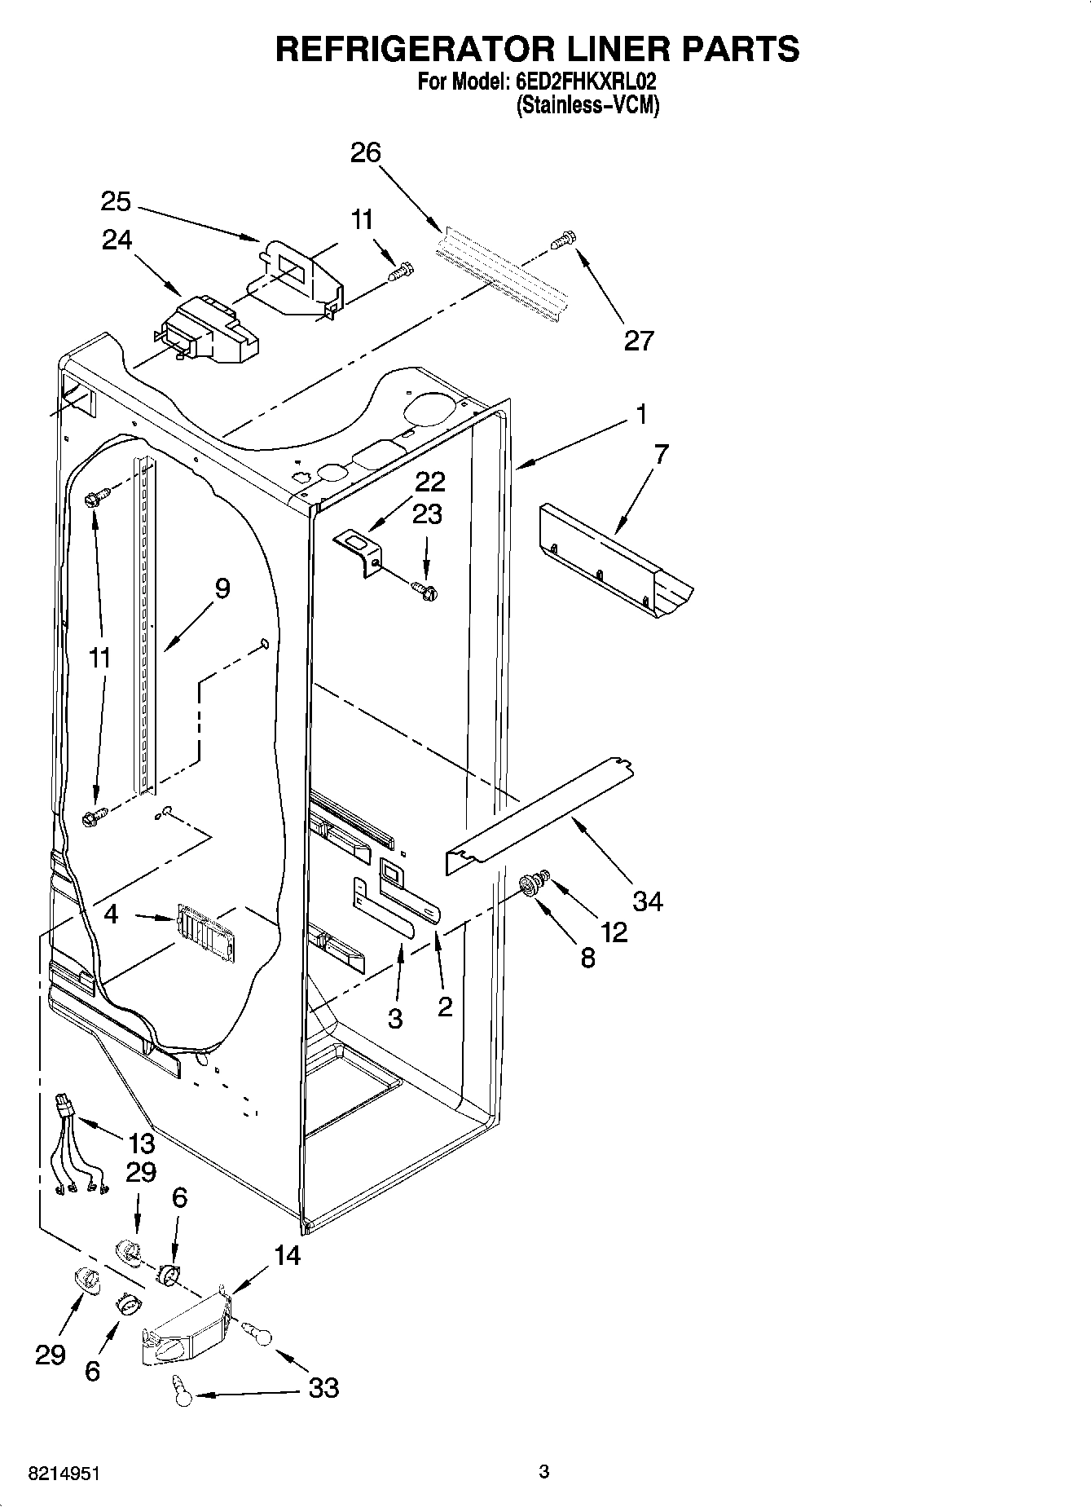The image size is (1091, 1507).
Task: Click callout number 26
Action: pos(366,152)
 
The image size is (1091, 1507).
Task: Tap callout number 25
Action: pos(117,201)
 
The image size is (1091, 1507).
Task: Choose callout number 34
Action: pos(648,901)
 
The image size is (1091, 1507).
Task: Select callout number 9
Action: pos(222,588)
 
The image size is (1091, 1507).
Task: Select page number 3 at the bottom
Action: pos(543,1471)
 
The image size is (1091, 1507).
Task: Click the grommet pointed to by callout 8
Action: pos(531,885)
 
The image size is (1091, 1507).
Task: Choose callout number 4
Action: pos(111,914)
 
